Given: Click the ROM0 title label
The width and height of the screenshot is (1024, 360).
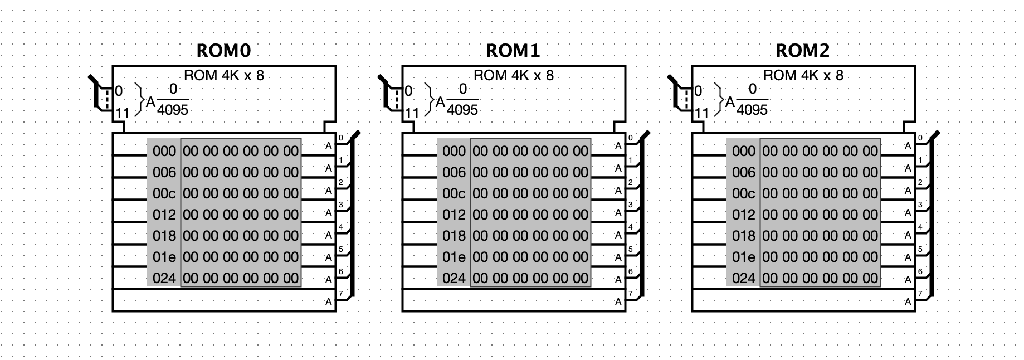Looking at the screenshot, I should [223, 51].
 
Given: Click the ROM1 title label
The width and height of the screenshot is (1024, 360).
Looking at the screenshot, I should [513, 51].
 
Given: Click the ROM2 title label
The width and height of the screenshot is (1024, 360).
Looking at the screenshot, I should [803, 51].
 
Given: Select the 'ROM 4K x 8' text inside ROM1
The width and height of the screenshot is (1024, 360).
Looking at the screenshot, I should [514, 75].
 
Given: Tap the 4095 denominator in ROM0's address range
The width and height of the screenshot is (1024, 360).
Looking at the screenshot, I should [173, 110].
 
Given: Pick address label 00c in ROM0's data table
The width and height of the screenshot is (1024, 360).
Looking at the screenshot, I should [164, 193].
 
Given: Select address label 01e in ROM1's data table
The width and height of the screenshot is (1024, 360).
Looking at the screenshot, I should [454, 257].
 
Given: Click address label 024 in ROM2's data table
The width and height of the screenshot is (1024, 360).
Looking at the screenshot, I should [744, 278].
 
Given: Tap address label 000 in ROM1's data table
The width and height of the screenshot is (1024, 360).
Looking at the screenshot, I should [454, 151].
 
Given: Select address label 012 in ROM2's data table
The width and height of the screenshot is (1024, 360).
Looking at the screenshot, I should [744, 215].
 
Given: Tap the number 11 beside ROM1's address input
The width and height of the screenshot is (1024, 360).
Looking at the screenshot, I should [412, 113].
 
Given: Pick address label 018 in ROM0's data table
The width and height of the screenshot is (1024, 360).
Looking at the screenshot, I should [164, 236].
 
